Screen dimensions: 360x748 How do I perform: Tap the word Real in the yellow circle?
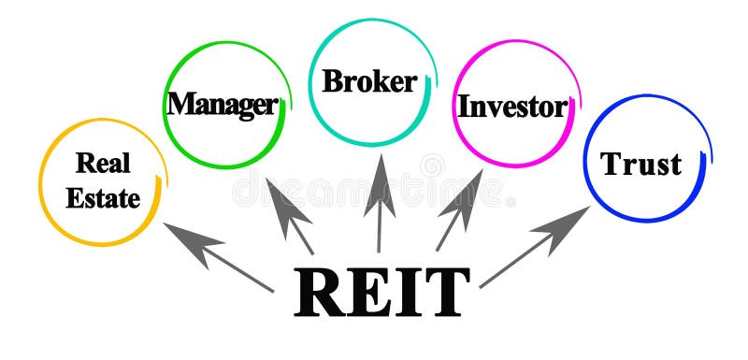click(x=103, y=164)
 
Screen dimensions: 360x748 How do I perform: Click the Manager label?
click(x=222, y=103)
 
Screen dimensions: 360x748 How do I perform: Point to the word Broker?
click(x=369, y=81)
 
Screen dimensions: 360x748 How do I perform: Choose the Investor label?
click(x=511, y=106)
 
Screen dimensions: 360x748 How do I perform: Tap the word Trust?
click(x=640, y=165)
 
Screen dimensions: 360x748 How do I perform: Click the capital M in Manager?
click(x=180, y=102)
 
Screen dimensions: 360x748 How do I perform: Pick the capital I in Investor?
click(x=462, y=106)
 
